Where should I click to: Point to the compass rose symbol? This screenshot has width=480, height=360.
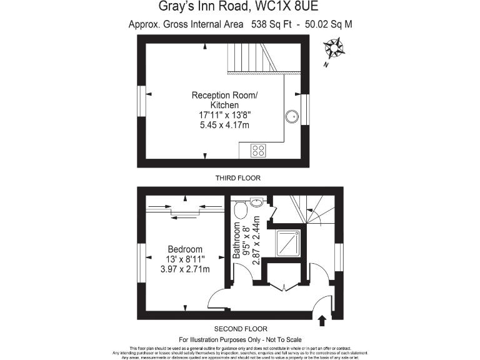click(x=335, y=48)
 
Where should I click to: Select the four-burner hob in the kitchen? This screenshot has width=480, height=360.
click(x=257, y=150)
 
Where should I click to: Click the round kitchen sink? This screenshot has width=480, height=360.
click(x=292, y=116)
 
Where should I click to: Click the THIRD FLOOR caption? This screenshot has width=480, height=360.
click(x=237, y=178)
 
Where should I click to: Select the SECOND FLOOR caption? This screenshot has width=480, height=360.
click(x=241, y=329)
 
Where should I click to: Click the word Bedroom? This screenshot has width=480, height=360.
click(x=185, y=249)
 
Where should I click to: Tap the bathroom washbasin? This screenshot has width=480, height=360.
click(x=256, y=202)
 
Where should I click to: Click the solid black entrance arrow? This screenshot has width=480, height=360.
click(x=322, y=321)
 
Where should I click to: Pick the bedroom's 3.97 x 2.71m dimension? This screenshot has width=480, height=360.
click(x=185, y=269)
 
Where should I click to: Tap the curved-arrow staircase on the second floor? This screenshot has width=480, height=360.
click(x=316, y=209)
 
